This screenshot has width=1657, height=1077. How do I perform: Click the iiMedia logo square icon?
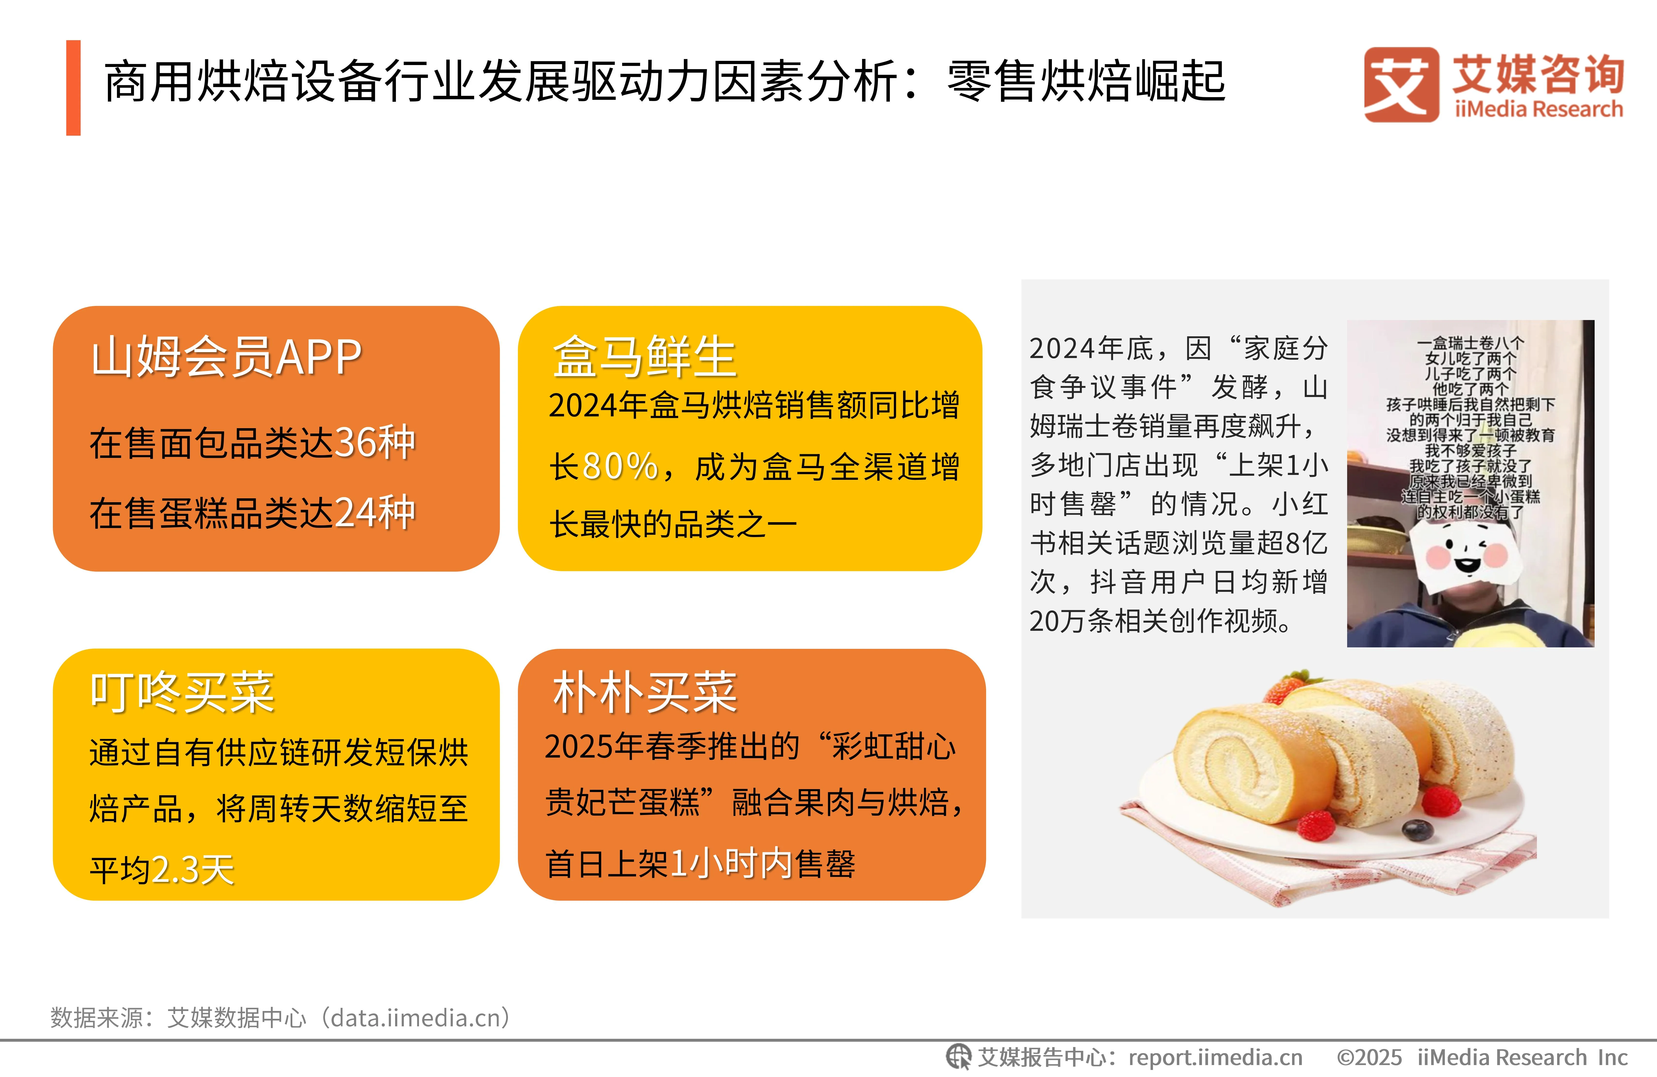tap(1401, 84)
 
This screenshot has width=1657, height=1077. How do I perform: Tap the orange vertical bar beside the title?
tap(73, 88)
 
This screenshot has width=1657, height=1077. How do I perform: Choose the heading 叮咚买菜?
tap(182, 693)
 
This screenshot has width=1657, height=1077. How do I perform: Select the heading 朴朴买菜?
tap(644, 693)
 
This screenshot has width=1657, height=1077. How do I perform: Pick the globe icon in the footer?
tap(958, 1057)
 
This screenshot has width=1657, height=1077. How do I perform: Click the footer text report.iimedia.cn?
tap(1215, 1057)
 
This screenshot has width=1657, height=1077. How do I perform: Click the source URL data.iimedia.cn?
tap(415, 1018)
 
